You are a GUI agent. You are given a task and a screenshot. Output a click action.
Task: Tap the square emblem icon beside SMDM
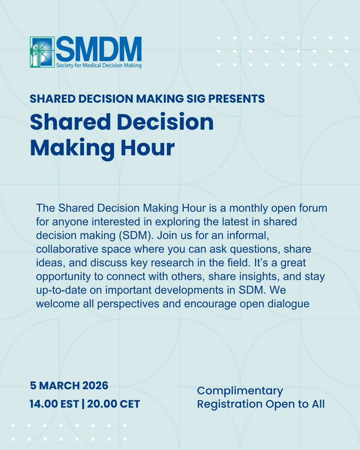[x=42, y=52]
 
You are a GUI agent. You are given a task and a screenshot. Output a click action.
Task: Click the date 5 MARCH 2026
[x=69, y=385]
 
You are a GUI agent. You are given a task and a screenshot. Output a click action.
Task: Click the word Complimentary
[x=240, y=391]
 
